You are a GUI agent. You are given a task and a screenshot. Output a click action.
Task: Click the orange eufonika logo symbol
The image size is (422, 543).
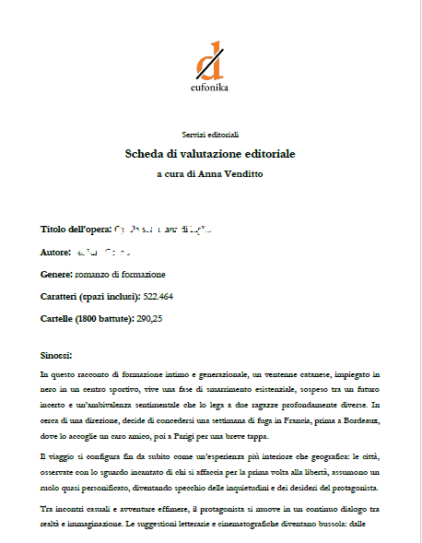(210, 60)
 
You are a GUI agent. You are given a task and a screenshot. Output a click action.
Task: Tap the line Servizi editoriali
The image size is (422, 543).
(210, 135)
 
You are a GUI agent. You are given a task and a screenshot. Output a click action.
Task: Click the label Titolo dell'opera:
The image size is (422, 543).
(76, 229)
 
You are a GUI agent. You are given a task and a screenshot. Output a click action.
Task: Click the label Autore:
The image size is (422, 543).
(56, 252)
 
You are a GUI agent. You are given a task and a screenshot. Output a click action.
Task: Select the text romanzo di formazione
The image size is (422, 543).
(121, 274)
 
